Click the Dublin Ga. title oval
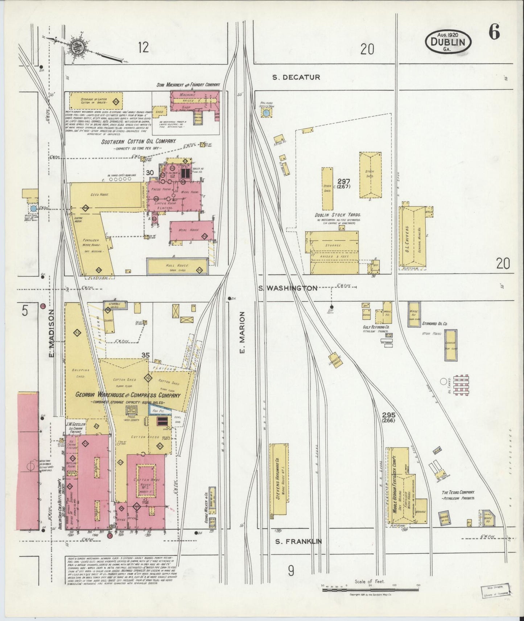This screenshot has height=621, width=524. point(448,41)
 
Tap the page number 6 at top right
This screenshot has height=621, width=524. point(494,33)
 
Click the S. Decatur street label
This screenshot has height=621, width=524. point(296,77)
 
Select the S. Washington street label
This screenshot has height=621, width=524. point(287,288)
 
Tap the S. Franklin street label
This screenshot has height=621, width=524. point(298,542)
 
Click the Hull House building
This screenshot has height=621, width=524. point(177,266)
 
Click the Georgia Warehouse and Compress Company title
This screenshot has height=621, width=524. point(127,395)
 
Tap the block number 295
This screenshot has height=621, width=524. point(388,415)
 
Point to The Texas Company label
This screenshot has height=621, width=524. point(458,492)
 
